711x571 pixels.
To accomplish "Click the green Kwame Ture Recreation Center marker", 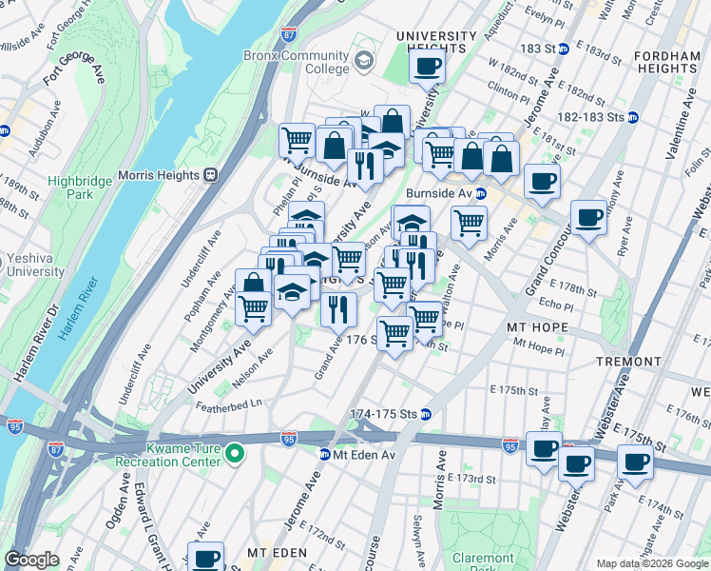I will [236, 461].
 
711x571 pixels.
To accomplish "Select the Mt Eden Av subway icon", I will [325, 455].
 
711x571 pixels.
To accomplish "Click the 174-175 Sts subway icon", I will [427, 414].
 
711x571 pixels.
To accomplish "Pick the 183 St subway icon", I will [563, 48].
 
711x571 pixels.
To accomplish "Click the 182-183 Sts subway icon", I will [632, 117].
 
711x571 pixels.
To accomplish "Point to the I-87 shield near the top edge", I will [289, 34].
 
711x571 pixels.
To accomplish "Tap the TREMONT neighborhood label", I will [627, 362].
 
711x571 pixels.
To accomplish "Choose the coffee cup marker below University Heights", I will [428, 67].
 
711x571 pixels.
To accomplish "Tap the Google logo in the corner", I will [31, 560].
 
